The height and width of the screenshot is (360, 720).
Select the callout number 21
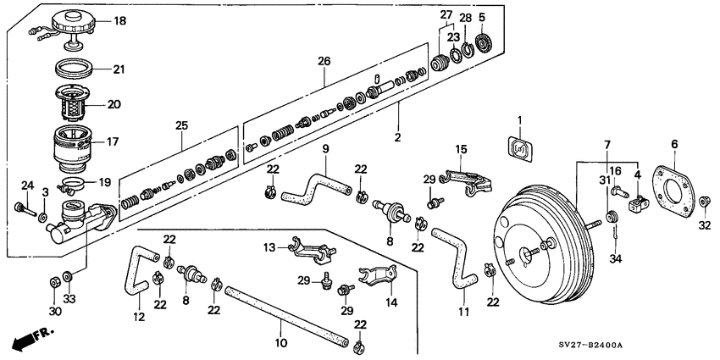tap(119, 69)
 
